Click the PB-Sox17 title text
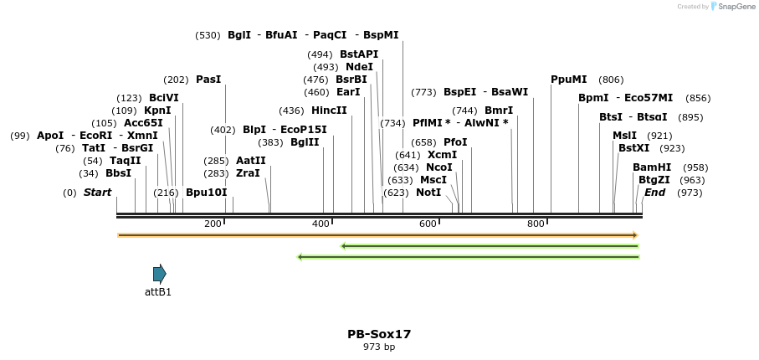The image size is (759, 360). (379, 334)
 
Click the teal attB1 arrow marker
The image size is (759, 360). (159, 273)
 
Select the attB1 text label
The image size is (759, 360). (158, 292)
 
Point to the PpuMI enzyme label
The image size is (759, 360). (568, 80)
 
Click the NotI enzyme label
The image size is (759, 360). (428, 193)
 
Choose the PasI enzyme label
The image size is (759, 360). (208, 80)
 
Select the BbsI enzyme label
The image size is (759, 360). (118, 173)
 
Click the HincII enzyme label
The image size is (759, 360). (329, 111)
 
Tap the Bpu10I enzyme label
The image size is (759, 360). (206, 193)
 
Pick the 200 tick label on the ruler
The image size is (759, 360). (213, 224)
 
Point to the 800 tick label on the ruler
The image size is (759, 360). (536, 224)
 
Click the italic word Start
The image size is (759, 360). (97, 193)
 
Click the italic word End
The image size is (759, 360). (654, 193)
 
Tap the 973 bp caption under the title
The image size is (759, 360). (379, 347)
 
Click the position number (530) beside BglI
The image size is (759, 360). (208, 35)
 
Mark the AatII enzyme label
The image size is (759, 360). (251, 161)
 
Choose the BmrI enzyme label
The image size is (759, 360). (499, 111)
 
